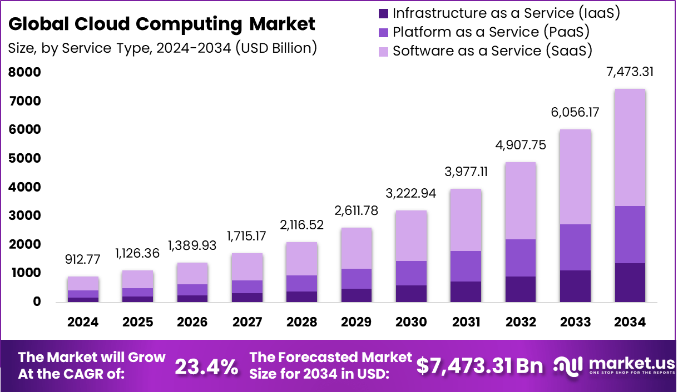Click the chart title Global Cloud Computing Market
(x=162, y=24)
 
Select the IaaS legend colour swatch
(x=383, y=13)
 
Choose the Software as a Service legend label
(x=492, y=51)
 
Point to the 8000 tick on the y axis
(x=24, y=72)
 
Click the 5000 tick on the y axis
(x=24, y=158)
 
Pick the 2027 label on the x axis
(x=246, y=322)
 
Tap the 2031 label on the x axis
(x=466, y=322)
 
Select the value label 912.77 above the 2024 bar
(x=83, y=259)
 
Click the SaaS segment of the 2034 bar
(x=630, y=147)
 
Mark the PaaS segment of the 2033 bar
(x=575, y=247)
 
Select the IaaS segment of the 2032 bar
(x=521, y=289)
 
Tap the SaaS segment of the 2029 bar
(x=357, y=248)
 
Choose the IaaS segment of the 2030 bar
(x=411, y=293)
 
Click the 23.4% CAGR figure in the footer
(x=206, y=366)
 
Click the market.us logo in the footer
(x=612, y=365)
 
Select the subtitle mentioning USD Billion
(x=162, y=48)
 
